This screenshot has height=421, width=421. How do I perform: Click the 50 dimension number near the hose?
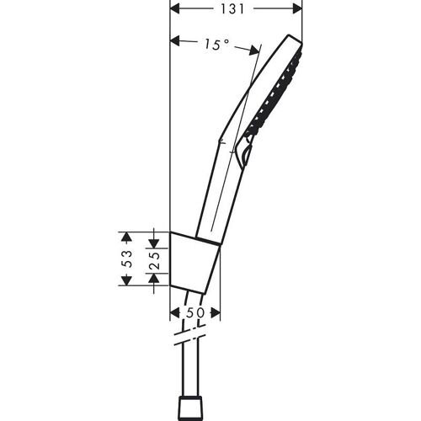(x=195, y=312)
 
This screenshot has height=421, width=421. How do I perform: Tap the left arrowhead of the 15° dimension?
(x=175, y=39)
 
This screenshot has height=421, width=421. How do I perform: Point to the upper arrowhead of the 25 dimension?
(x=155, y=233)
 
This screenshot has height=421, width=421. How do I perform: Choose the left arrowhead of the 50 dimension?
(x=175, y=312)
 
